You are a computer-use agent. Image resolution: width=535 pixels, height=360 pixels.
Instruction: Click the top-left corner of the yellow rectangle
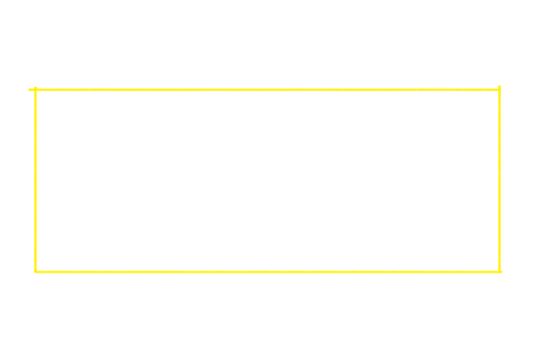(x=35, y=89)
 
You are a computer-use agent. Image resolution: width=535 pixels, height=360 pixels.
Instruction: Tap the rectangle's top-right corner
(x=499, y=89)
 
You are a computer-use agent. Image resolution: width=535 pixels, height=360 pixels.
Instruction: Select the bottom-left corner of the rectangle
(x=35, y=272)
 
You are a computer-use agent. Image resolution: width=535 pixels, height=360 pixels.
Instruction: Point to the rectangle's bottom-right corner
(x=499, y=272)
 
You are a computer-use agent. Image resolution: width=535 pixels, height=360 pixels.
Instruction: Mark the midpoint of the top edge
(x=267, y=89)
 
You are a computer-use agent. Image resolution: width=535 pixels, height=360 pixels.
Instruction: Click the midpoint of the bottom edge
(x=267, y=272)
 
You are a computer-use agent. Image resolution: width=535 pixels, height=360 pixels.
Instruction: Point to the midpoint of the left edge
(x=35, y=180)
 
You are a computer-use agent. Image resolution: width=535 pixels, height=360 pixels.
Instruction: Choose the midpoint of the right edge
(x=499, y=180)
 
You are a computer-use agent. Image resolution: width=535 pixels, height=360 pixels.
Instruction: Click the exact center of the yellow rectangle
(x=267, y=180)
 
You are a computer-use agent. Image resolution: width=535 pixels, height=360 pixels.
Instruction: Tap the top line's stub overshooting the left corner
(x=31, y=89)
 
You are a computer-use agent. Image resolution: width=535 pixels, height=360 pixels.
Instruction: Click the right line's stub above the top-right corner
(x=499, y=87)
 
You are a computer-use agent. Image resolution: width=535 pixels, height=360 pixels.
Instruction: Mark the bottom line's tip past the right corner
(x=501, y=272)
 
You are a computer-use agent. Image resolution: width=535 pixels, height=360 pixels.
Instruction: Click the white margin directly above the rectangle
(x=267, y=44)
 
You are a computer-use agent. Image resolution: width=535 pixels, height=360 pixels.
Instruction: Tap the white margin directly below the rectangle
(x=267, y=315)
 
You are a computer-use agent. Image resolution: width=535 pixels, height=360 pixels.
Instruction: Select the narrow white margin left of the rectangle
(x=16, y=180)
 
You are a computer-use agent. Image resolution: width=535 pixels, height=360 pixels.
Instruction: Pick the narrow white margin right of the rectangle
(x=517, y=180)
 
